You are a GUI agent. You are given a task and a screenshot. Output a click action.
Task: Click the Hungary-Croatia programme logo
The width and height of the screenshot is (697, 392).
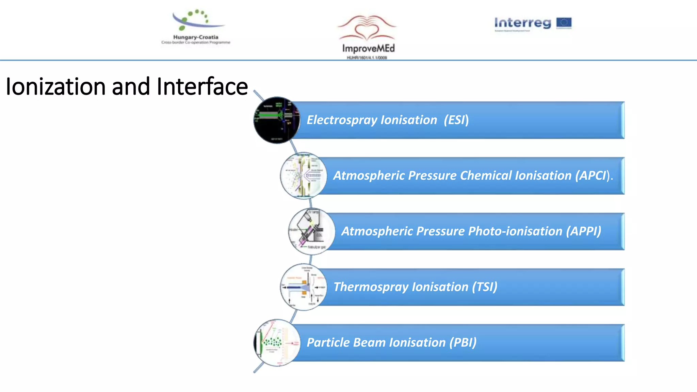[196, 27]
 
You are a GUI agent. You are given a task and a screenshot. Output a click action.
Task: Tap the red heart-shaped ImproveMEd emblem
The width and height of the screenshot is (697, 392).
[367, 29]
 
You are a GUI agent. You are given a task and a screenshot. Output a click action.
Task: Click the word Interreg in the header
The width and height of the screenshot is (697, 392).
[522, 23]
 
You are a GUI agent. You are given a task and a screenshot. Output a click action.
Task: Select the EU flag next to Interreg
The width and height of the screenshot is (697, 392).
[564, 23]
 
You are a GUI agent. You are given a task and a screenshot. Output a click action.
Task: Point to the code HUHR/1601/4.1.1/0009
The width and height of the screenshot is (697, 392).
[367, 58]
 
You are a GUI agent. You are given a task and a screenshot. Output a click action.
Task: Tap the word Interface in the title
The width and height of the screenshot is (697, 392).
[202, 86]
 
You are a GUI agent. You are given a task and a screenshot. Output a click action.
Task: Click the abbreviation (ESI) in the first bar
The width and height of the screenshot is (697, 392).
[456, 120]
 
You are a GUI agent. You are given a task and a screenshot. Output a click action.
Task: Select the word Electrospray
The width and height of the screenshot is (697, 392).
[342, 120]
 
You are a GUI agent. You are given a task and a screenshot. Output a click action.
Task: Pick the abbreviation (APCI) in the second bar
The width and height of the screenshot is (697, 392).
[593, 176]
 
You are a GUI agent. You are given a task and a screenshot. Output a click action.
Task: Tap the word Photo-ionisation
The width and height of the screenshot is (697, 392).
[515, 231]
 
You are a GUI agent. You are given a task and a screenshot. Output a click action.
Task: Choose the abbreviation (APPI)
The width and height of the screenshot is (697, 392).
[583, 231]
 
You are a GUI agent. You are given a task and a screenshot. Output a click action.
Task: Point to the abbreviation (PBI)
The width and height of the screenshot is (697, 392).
[463, 343]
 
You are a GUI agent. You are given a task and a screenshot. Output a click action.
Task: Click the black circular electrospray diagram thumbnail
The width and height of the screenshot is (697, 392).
[277, 120]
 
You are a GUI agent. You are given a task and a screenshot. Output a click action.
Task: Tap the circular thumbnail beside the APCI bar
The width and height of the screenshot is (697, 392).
[303, 176]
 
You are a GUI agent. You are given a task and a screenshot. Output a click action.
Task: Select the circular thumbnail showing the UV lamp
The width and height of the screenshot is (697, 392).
[311, 231]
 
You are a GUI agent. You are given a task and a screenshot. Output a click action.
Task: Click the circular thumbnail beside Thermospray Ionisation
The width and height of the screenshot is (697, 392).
[303, 287]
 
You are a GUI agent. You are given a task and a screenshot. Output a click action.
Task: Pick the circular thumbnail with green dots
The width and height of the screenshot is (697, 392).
[277, 343]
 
